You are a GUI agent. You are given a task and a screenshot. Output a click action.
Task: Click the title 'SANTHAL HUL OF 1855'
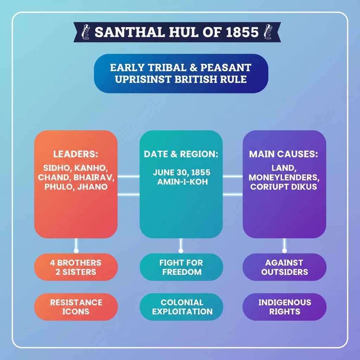(176, 32)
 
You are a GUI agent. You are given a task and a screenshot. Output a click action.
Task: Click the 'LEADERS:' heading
(76, 154)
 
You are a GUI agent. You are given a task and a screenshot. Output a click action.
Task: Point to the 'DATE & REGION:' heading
(181, 154)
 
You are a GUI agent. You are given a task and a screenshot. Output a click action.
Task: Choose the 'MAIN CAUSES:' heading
(284, 154)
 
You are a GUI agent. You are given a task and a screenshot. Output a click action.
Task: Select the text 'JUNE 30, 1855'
(181, 173)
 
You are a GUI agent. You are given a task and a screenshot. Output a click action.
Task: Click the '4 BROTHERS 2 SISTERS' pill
(76, 267)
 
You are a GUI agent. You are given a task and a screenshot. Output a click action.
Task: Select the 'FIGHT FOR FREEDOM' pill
(181, 267)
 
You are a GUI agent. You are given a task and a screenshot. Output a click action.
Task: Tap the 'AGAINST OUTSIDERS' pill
(284, 267)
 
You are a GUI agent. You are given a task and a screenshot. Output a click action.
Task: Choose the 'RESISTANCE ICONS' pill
(76, 307)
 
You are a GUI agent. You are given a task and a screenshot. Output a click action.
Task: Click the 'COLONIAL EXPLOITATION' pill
(181, 307)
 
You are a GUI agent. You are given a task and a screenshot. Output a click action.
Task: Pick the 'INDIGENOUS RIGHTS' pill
(284, 307)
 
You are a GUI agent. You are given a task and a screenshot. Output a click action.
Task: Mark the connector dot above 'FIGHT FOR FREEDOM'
(181, 251)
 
